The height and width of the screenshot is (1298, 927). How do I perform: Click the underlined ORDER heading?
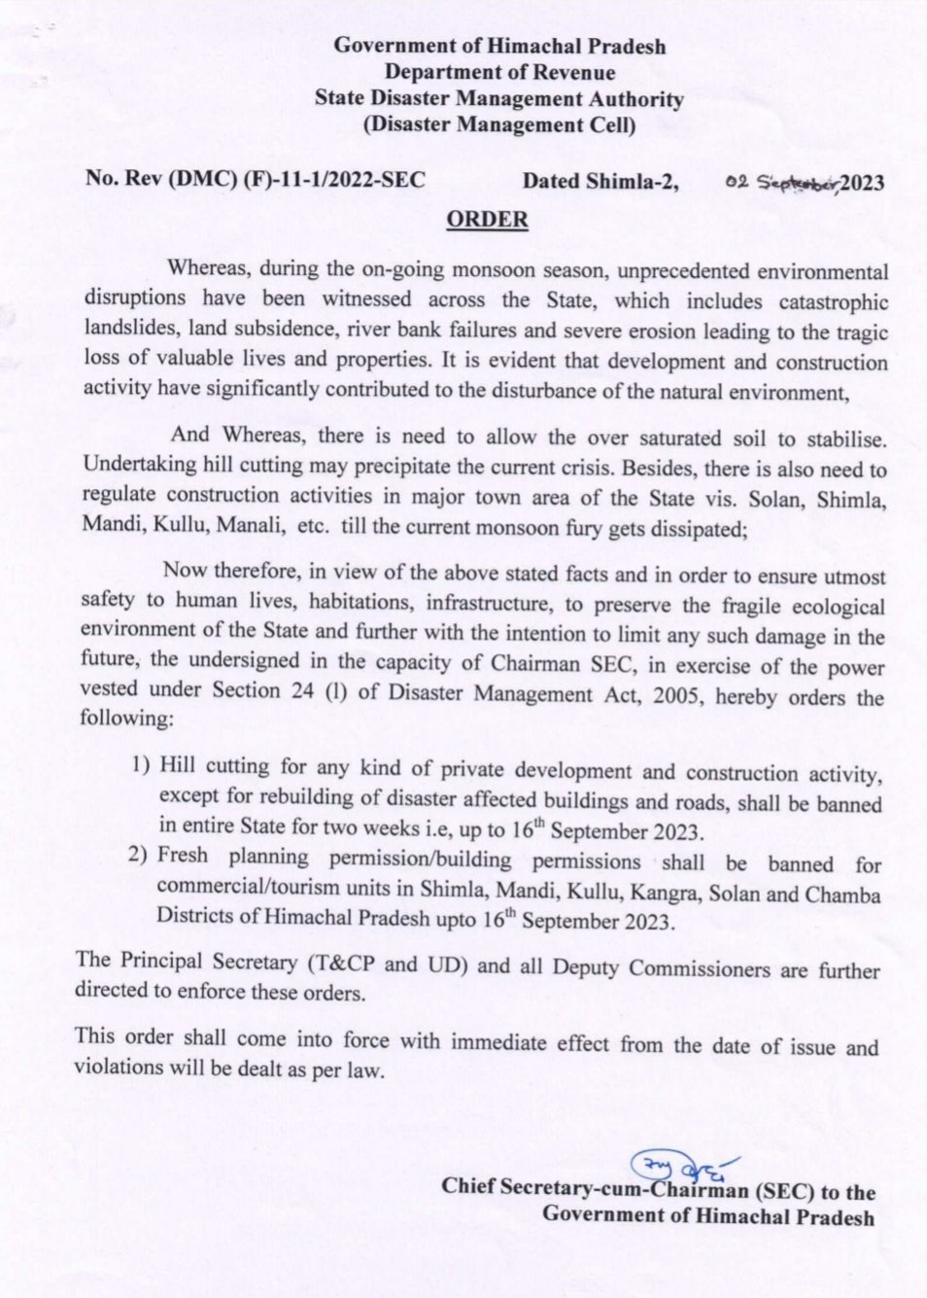pos(487,220)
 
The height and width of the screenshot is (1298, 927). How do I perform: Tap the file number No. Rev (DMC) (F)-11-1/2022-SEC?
pos(256,179)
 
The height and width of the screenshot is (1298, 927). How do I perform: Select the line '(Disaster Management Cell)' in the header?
pos(498,124)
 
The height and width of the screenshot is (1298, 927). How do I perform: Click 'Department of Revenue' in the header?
pos(498,72)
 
